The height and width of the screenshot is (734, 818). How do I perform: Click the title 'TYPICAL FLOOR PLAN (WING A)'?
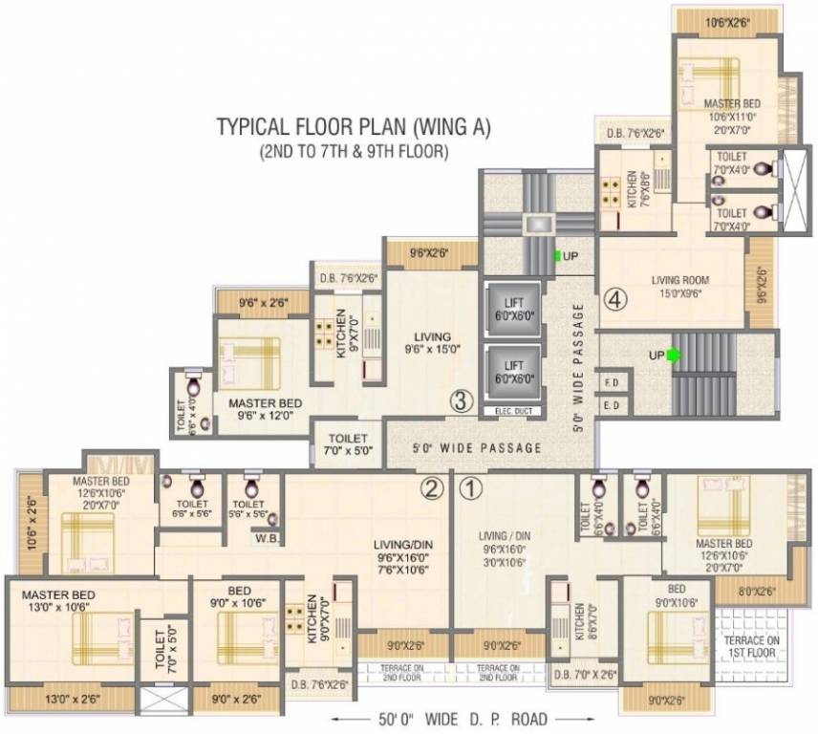pyautogui.click(x=353, y=128)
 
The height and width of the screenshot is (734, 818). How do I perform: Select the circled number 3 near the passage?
pyautogui.click(x=461, y=401)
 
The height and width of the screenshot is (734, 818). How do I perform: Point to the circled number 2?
pyautogui.click(x=432, y=490)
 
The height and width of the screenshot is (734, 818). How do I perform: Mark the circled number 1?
pyautogui.click(x=471, y=490)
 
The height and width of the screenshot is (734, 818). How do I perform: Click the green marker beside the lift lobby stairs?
pyautogui.click(x=557, y=256)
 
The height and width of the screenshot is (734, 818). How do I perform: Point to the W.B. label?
pyautogui.click(x=266, y=537)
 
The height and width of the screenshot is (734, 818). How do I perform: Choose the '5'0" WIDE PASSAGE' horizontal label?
pyautogui.click(x=478, y=447)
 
